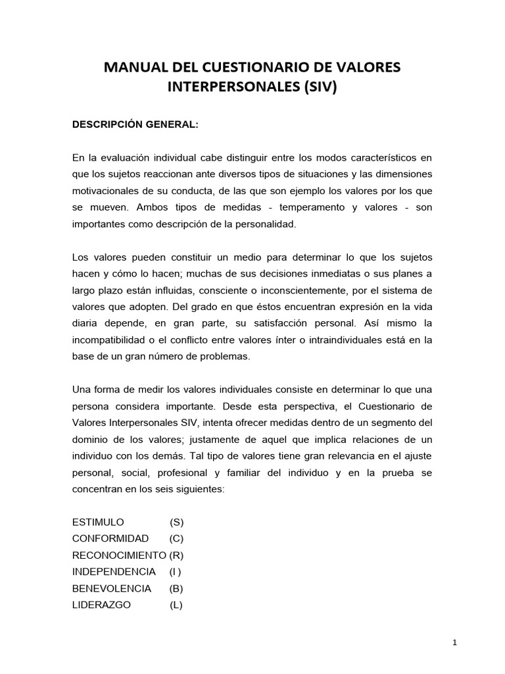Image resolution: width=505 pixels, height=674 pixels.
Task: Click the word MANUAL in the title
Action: pyautogui.click(x=130, y=66)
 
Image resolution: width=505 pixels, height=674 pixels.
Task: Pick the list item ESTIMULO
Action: pyautogui.click(x=98, y=522)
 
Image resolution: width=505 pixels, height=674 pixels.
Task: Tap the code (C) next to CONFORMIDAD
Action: pyautogui.click(x=176, y=538)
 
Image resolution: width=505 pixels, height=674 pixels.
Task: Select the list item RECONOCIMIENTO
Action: pyautogui.click(x=119, y=555)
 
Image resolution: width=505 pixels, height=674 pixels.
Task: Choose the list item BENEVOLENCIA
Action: pyautogui.click(x=112, y=588)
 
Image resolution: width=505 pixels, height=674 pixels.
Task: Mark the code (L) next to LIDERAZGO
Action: pyautogui.click(x=176, y=604)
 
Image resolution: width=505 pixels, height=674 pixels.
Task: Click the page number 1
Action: pyautogui.click(x=454, y=643)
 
